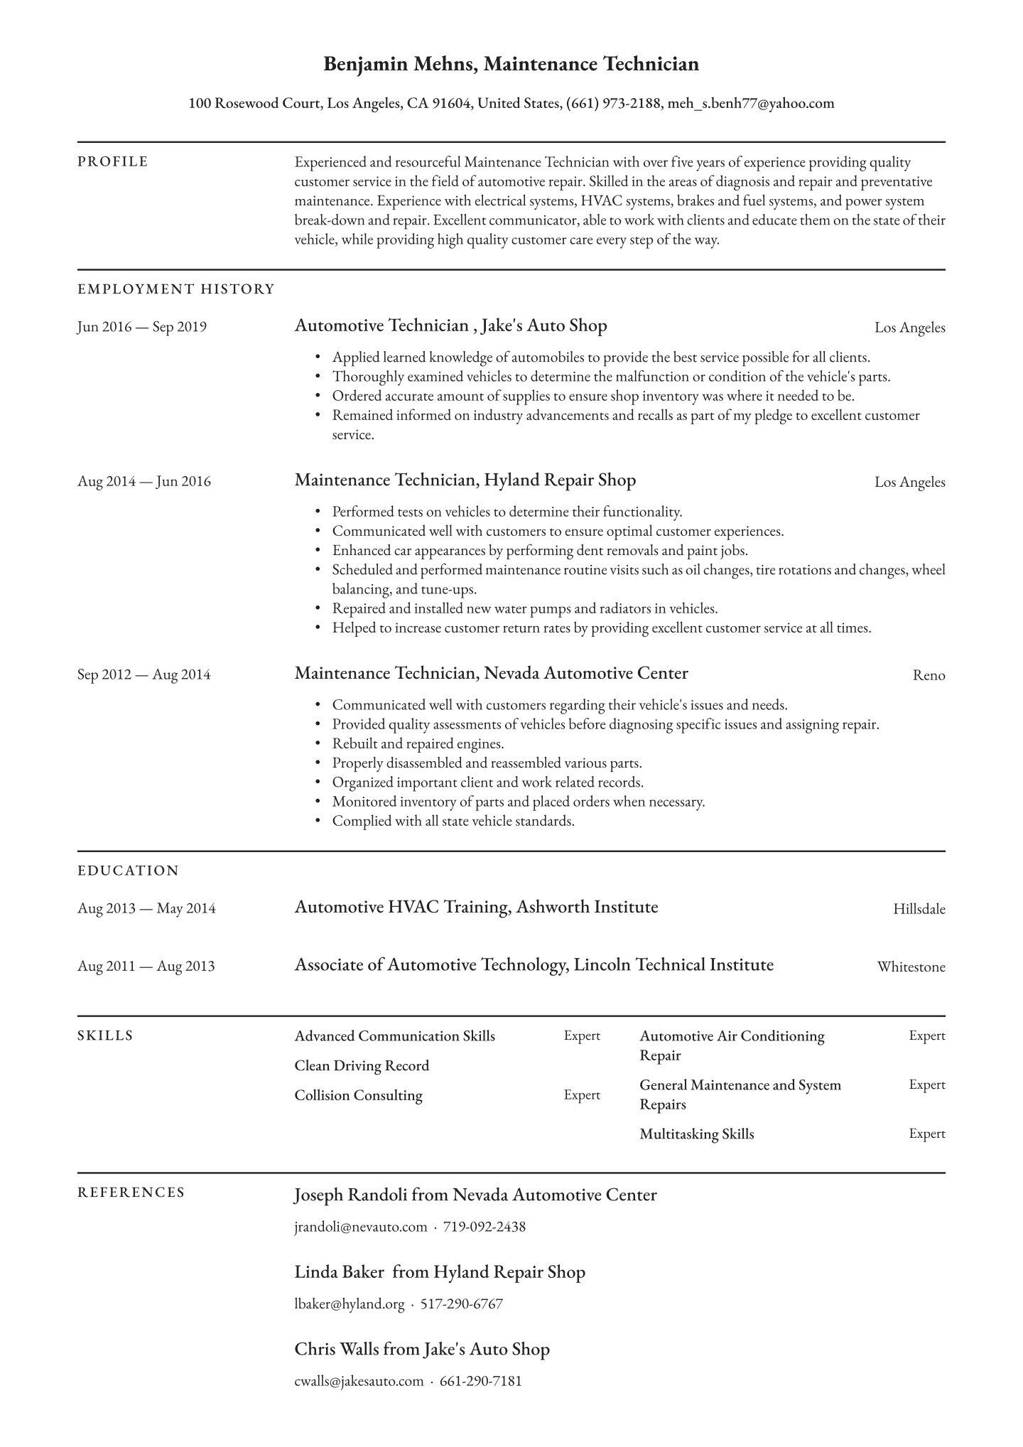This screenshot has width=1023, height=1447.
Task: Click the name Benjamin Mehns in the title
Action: (x=400, y=65)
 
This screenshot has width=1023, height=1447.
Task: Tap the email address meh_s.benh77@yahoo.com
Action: (x=751, y=104)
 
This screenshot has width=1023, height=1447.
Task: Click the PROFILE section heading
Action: (x=113, y=162)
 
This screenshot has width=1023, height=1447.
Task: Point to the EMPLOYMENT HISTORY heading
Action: (x=176, y=289)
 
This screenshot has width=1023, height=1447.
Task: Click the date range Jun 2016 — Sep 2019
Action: (x=142, y=328)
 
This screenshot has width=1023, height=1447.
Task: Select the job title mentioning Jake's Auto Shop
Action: (x=450, y=326)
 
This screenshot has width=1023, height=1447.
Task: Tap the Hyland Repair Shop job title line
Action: (x=465, y=480)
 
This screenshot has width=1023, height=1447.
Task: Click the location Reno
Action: (x=929, y=675)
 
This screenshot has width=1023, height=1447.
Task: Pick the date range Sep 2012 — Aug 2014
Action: (x=144, y=674)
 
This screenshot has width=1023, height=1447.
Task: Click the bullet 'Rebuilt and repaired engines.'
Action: (x=418, y=744)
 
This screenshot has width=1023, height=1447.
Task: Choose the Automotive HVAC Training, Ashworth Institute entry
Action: (x=476, y=908)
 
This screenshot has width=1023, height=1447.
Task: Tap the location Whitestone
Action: (x=911, y=967)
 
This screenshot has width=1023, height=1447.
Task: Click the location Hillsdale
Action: (x=919, y=909)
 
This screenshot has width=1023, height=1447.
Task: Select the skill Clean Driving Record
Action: (x=362, y=1066)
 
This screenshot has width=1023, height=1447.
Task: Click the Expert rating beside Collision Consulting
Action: (x=582, y=1095)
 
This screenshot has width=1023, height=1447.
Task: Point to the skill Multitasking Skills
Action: (x=696, y=1134)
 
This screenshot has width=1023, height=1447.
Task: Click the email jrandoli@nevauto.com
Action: (x=361, y=1227)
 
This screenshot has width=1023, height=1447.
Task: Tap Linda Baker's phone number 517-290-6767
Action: (x=462, y=1304)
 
